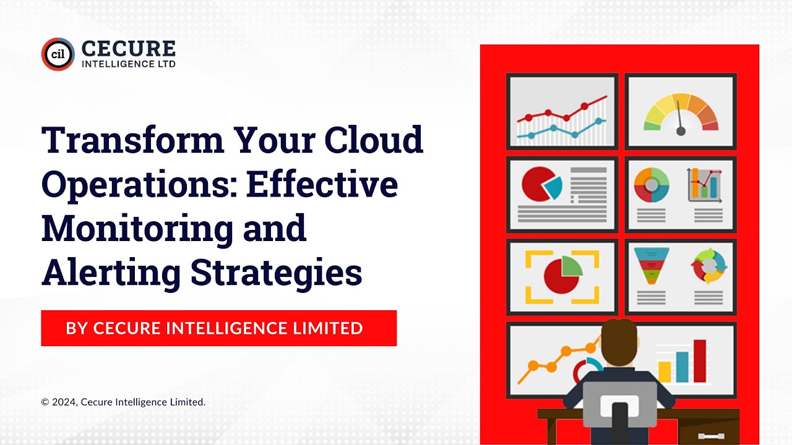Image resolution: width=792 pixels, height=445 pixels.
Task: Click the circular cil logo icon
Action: point(58,54)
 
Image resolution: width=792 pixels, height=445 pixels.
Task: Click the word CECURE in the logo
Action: point(128,49)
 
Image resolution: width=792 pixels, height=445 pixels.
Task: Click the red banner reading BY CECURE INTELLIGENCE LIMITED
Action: point(218,328)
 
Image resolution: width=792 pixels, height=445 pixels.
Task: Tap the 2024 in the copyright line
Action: point(64,402)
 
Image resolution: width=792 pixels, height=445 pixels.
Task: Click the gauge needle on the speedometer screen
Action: point(680,117)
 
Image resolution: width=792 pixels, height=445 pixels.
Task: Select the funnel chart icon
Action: point(650,265)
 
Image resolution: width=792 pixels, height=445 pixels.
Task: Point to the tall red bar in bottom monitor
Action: point(700,361)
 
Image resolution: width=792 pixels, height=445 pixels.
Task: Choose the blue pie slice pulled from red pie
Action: point(552,186)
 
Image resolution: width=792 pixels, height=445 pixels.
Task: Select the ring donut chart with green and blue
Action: point(652,184)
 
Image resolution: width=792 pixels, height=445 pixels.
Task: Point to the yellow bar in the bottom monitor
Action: point(665,371)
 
